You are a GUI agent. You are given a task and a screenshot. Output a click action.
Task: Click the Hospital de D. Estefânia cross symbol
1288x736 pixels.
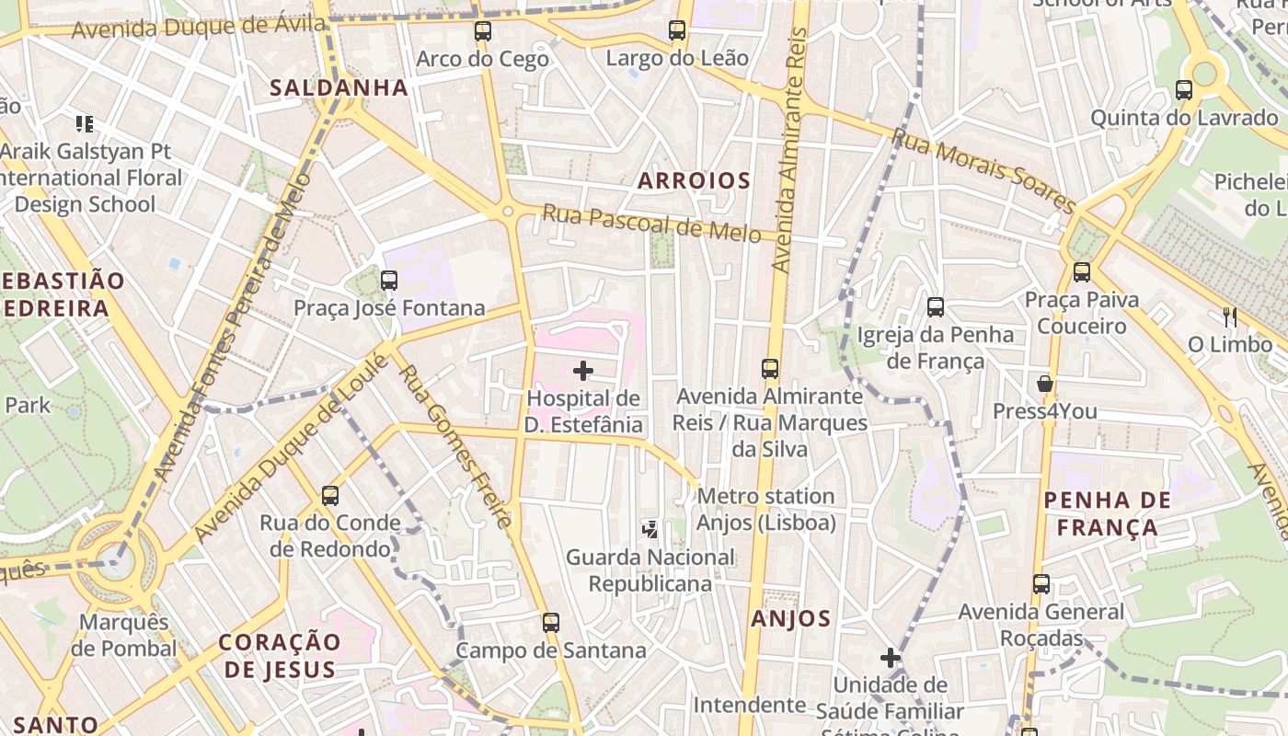point(583,371)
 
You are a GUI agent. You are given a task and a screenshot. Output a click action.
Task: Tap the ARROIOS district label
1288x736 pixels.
point(695,180)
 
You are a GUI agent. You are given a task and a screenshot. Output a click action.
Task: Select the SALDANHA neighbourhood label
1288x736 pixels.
point(339,87)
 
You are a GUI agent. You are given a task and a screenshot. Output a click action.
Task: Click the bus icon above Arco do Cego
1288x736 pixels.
point(482,31)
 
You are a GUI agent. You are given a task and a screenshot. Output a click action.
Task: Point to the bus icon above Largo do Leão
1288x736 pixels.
point(677,30)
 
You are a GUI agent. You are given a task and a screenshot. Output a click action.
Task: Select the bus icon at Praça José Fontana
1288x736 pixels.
point(389,280)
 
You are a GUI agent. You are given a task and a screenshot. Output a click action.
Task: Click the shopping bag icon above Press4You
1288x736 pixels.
point(1045,383)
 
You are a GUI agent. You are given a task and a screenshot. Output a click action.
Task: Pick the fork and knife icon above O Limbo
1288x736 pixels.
point(1229,317)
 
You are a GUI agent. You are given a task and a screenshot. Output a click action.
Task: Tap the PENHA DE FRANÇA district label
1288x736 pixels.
point(1108,513)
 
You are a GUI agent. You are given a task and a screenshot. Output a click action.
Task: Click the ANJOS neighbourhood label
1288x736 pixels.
point(791,619)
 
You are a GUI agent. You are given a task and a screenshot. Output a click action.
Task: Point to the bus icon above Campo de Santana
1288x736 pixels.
point(550,623)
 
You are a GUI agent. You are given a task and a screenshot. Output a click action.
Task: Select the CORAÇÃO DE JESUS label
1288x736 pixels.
point(280,655)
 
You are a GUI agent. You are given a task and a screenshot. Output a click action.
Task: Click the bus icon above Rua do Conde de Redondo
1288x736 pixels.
point(329,496)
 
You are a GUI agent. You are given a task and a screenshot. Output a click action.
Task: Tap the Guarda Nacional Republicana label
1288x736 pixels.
point(650,570)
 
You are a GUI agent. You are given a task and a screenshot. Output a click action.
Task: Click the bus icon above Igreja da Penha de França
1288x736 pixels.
point(936,307)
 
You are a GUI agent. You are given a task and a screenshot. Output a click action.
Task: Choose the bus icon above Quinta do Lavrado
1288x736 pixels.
point(1184,90)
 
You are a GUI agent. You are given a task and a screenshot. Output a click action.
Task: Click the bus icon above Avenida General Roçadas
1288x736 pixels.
point(1041,584)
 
